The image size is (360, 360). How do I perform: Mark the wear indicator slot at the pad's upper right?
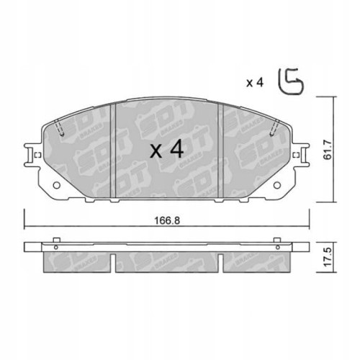point(274,128)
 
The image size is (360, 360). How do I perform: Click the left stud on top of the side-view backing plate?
point(55,240)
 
